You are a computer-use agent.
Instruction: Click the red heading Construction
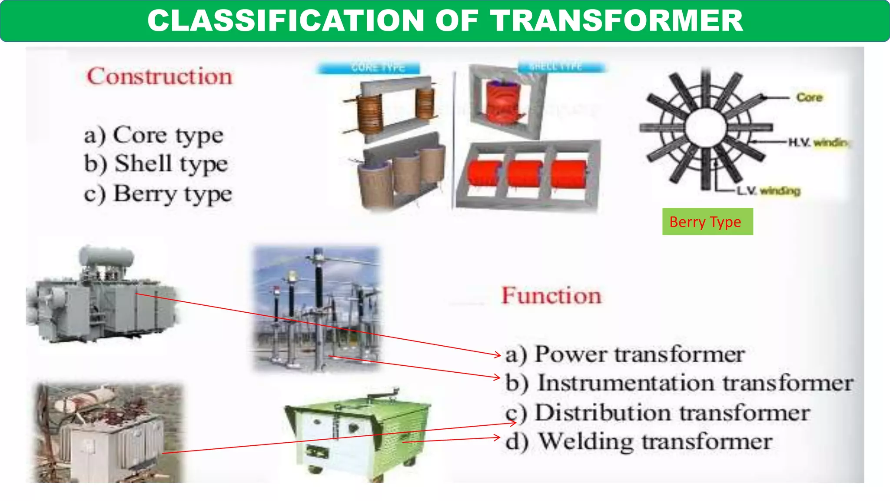pyautogui.click(x=159, y=77)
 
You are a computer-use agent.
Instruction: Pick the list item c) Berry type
pyautogui.click(x=158, y=194)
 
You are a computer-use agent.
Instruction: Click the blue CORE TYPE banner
pyautogui.click(x=369, y=68)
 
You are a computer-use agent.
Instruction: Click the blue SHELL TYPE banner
pyautogui.click(x=561, y=67)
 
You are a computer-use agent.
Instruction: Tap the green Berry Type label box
pyautogui.click(x=707, y=222)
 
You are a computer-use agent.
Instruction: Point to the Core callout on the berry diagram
pyautogui.click(x=809, y=97)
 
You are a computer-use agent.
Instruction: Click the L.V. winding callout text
pyautogui.click(x=768, y=191)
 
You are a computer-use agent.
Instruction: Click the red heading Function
pyautogui.click(x=551, y=296)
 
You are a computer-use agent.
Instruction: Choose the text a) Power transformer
pyautogui.click(x=625, y=354)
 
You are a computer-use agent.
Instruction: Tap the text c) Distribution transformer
pyautogui.click(x=658, y=413)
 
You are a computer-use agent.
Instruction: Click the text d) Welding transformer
pyautogui.click(x=639, y=442)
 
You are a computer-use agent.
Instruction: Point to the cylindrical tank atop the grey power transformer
pyautogui.click(x=106, y=256)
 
